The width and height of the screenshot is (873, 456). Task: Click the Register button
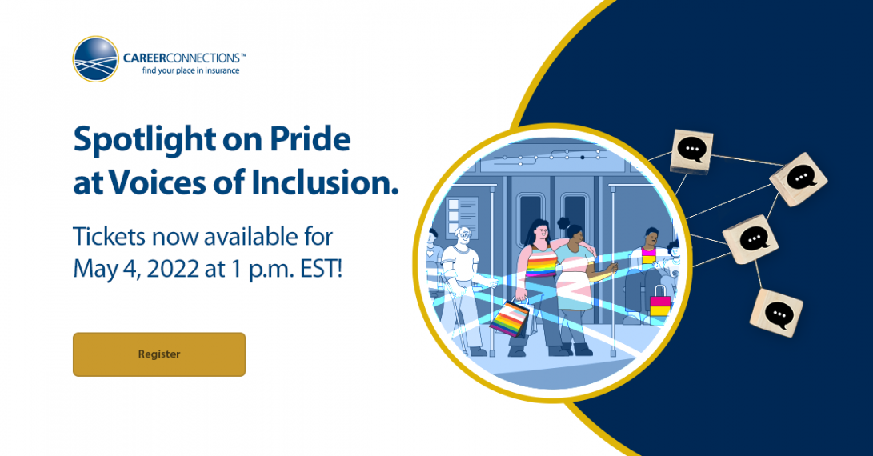(159, 354)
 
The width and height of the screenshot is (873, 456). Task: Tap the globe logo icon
(96, 59)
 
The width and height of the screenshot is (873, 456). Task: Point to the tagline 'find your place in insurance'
(191, 70)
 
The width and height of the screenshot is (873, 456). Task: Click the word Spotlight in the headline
(145, 140)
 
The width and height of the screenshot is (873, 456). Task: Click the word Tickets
(109, 237)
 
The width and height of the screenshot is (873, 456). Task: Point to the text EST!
(321, 270)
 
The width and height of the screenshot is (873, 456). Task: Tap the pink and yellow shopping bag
(660, 302)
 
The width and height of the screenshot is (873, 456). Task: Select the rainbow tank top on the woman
(541, 261)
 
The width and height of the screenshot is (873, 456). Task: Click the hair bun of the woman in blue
(563, 223)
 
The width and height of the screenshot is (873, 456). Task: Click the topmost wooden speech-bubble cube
(692, 151)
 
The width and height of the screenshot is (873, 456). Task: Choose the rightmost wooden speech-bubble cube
(799, 179)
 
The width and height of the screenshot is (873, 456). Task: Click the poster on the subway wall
(463, 217)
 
